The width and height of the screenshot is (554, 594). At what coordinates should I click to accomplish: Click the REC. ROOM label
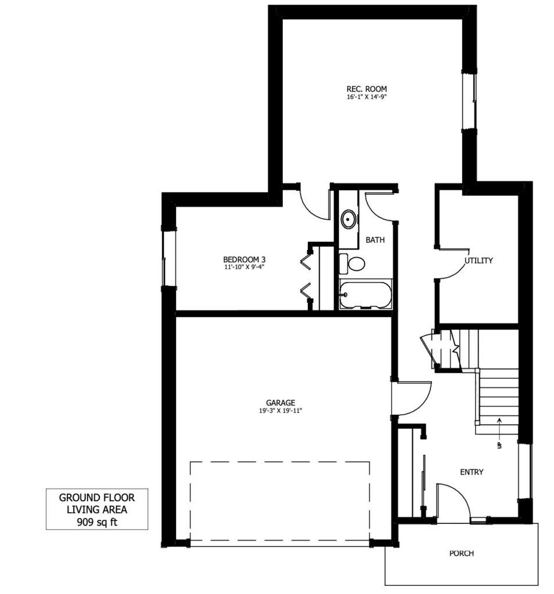click(366, 89)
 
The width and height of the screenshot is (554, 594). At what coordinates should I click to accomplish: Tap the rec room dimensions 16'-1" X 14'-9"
click(366, 97)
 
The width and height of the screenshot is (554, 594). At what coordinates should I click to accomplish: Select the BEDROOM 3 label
click(244, 259)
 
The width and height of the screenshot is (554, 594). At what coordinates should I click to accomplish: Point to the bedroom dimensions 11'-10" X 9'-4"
click(244, 267)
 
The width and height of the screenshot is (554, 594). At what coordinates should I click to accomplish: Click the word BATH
click(375, 240)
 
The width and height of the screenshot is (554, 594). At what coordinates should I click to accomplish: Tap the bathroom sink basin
click(348, 219)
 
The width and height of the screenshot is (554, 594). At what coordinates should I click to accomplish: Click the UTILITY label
click(479, 260)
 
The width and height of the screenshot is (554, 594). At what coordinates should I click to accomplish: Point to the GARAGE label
click(280, 403)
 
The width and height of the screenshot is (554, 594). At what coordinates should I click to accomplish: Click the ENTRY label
click(472, 472)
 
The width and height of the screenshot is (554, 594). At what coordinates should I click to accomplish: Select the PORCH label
click(462, 553)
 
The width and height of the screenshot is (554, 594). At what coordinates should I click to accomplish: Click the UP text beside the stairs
click(499, 445)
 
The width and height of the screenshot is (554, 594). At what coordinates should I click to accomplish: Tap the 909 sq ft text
click(97, 522)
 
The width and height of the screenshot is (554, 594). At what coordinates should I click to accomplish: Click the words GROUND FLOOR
click(97, 497)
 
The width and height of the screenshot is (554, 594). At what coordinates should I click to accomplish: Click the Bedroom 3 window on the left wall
click(169, 259)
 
